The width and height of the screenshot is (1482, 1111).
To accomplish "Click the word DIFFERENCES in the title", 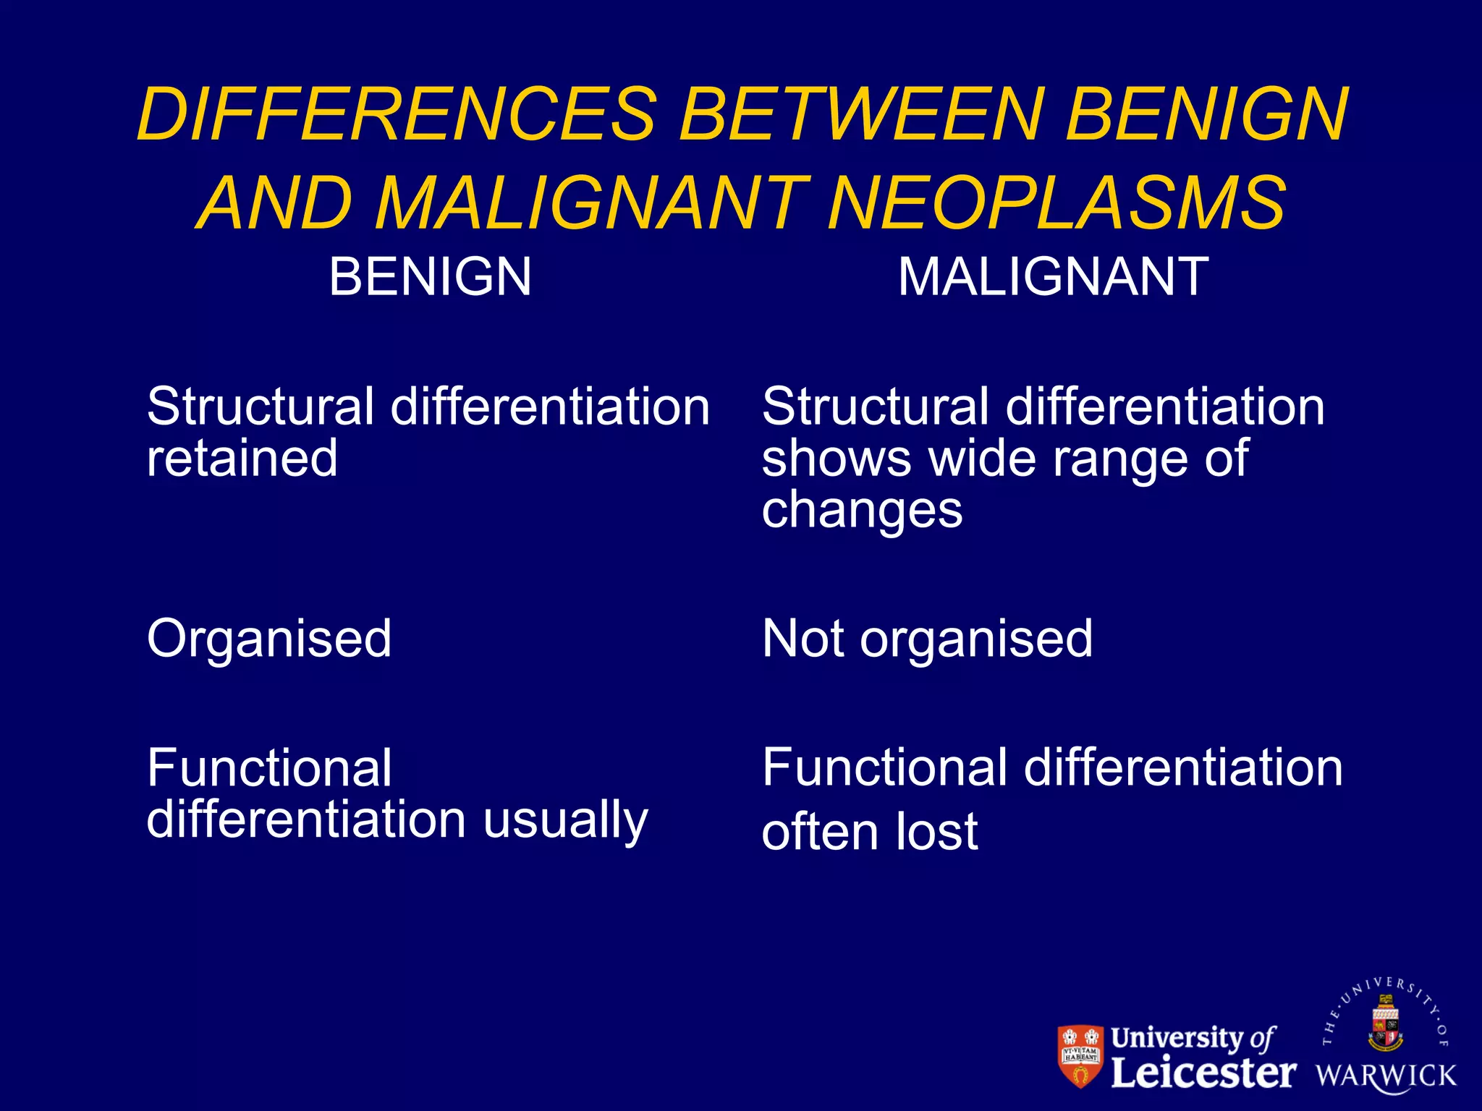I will coord(397,114).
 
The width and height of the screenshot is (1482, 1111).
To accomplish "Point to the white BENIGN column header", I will coord(430,277).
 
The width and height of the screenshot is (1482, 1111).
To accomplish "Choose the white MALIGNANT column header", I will coord(1053,277).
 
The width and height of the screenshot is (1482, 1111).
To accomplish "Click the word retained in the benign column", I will coord(242,458).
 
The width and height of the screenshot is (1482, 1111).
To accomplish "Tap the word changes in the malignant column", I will coord(862,511).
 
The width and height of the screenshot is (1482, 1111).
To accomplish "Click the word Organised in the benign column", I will coord(269,639).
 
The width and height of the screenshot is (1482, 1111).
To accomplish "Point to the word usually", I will coord(565,821).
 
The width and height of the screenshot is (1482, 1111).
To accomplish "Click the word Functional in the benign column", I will coord(269,768).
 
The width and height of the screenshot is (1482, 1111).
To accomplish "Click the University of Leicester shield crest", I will coord(1080,1055).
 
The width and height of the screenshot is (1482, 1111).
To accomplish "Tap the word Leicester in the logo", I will coord(1203,1073).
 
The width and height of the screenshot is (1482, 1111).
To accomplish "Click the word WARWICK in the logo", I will coord(1386,1076).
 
